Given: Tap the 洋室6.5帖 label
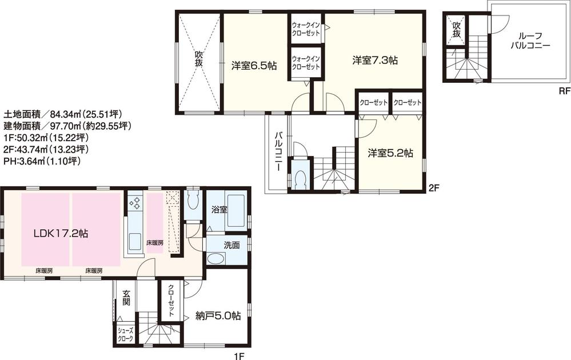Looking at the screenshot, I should [x=254, y=66].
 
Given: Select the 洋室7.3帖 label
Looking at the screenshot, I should [x=375, y=59].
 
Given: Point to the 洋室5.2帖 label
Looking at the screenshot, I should [x=390, y=153].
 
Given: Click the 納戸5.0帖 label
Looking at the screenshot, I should [x=218, y=315].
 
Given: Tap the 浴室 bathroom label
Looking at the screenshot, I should [x=218, y=209].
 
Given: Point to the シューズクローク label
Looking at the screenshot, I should [x=126, y=335].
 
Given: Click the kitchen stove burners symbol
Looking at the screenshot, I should [x=135, y=202].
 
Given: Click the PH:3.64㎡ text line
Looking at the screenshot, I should [x=42, y=162].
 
